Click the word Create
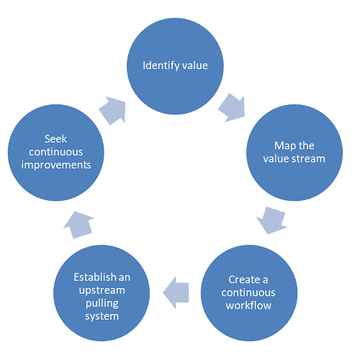coord(245,279)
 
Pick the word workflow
coord(248,305)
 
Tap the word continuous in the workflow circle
coord(248,292)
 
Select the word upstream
coord(102,291)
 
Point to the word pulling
coord(102,304)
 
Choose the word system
coord(102,317)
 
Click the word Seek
coord(55,139)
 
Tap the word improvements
coord(56,166)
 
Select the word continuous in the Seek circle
coord(56,152)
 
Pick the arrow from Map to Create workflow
coord(272,220)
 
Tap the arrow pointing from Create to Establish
coord(176,292)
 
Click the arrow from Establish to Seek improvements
coord(78,225)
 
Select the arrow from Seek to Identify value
coord(113,110)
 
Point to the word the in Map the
coord(307,145)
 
